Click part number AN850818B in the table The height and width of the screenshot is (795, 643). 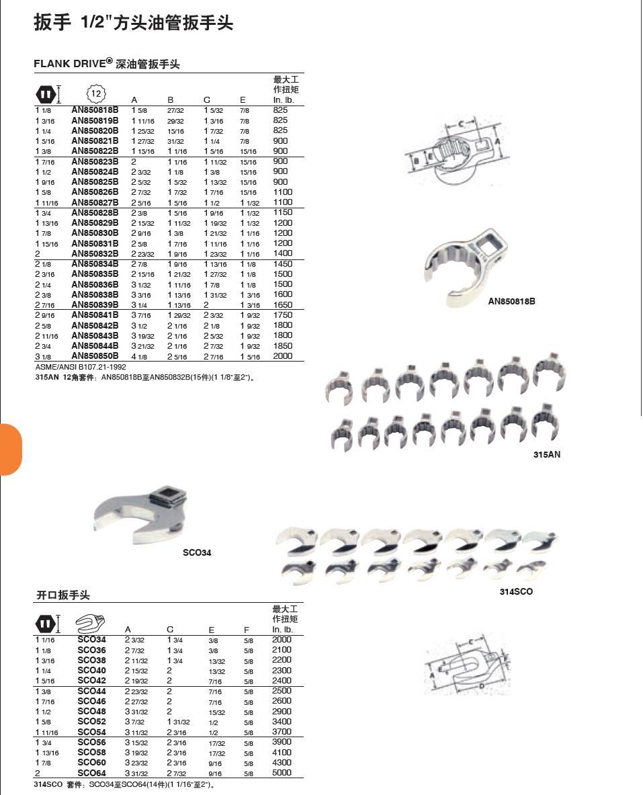95,110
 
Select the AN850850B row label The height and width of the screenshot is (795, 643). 95,356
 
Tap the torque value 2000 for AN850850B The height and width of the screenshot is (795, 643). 283,356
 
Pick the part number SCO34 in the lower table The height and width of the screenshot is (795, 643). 91,640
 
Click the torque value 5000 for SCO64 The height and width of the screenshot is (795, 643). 282,773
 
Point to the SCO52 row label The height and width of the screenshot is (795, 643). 91,722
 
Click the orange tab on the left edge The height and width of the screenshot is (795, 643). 11,450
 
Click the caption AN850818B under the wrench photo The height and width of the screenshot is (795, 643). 511,302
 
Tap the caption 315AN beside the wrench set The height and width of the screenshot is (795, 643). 547,455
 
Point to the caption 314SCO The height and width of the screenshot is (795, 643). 516,592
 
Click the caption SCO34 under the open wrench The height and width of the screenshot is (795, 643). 197,553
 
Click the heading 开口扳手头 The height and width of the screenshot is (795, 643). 63,595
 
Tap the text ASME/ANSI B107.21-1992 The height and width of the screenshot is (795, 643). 81,368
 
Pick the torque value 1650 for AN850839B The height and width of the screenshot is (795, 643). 283,305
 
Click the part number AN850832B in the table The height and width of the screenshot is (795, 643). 95,254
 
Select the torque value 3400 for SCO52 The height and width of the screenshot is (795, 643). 282,722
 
